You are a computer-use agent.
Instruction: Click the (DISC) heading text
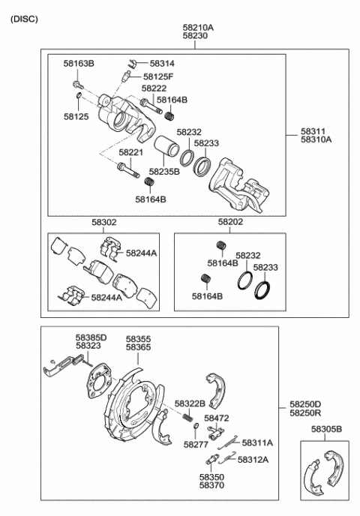pos(24,19)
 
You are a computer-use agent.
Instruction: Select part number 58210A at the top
pos(198,28)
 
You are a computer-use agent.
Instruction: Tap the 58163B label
pos(79,64)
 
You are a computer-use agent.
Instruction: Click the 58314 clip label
pos(162,64)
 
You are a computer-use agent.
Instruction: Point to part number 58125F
pos(158,76)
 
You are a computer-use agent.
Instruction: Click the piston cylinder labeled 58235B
pos(166,146)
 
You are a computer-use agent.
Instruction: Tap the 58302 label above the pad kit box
pos(104,223)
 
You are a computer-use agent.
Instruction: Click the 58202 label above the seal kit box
pos(230,222)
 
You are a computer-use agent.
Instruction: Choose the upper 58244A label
pos(142,253)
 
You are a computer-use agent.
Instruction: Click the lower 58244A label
pos(106,298)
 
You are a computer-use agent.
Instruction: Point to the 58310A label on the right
pos(316,139)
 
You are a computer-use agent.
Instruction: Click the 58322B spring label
pos(190,403)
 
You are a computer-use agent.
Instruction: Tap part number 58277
pos(196,445)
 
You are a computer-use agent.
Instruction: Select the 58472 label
pos(217,418)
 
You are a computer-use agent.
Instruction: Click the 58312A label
pos(253,460)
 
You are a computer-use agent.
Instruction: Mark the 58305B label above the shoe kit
pos(326,429)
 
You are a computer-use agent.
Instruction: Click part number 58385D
pos(91,337)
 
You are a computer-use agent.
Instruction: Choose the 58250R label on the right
pos(305,412)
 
